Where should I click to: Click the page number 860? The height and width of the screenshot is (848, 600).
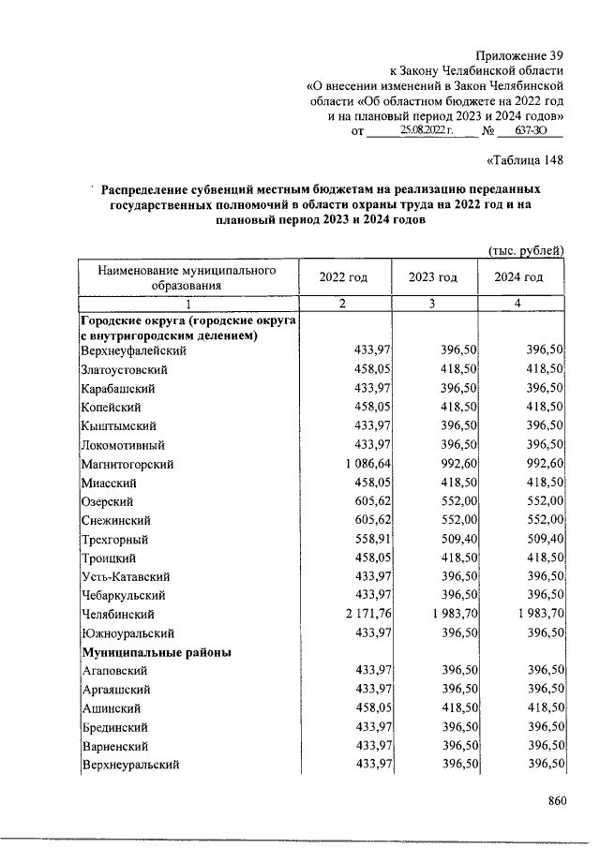pyautogui.click(x=558, y=801)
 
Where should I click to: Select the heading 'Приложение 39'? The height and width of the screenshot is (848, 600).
pyautogui.click(x=518, y=55)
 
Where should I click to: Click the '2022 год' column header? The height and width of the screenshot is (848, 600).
pyautogui.click(x=343, y=277)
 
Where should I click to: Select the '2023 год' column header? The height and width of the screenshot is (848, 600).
pyautogui.click(x=432, y=277)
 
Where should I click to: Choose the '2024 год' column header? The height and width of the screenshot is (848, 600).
pyautogui.click(x=520, y=277)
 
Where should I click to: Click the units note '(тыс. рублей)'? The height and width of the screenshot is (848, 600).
pyautogui.click(x=526, y=249)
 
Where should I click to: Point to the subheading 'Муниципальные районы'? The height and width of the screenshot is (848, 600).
pyautogui.click(x=157, y=652)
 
